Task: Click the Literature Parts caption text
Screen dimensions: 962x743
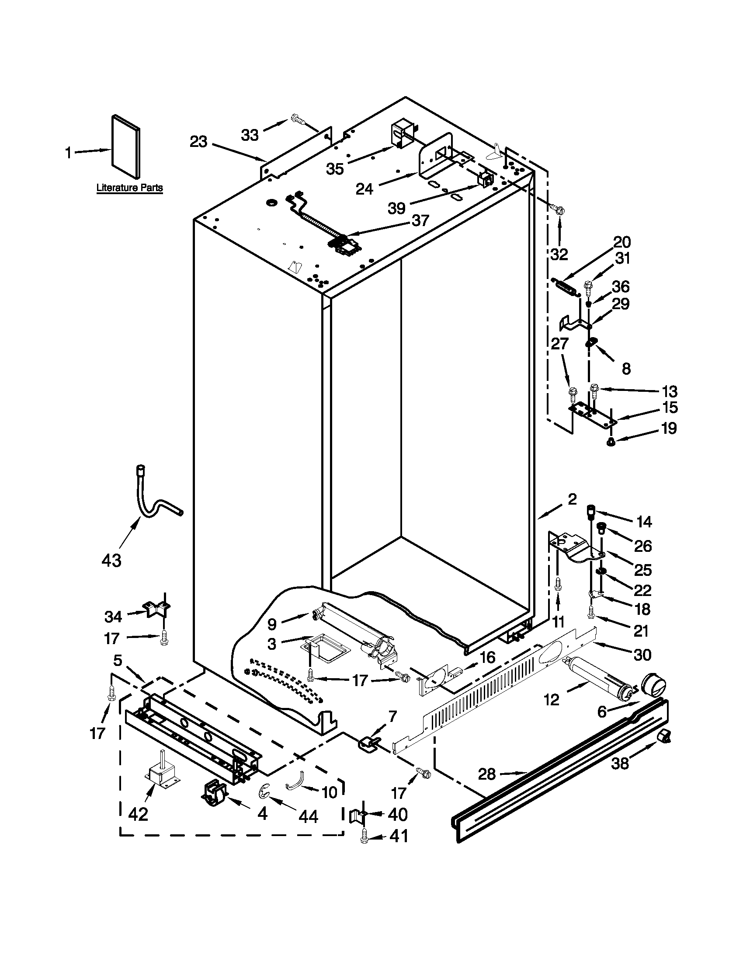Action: pyautogui.click(x=129, y=188)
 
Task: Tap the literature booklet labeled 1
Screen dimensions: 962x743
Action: pyautogui.click(x=126, y=148)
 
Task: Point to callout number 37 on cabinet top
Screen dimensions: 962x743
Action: pyautogui.click(x=420, y=220)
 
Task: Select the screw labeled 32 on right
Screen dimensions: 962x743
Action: pyautogui.click(x=559, y=211)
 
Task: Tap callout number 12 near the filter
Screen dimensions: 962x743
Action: pyautogui.click(x=551, y=699)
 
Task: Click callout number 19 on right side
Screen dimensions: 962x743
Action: pyautogui.click(x=669, y=428)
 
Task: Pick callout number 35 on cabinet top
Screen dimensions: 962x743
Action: pyautogui.click(x=335, y=168)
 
